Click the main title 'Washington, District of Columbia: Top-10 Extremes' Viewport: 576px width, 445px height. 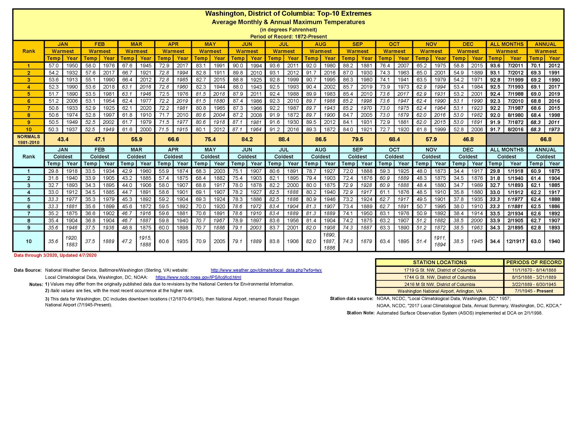288,13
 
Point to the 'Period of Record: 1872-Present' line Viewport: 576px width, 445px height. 288,37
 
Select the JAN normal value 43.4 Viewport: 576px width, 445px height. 63,139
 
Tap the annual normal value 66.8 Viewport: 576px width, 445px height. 545,139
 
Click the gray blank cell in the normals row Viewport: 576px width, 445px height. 507,139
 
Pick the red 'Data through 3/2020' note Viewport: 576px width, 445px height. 55,255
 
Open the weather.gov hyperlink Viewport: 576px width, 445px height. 266,270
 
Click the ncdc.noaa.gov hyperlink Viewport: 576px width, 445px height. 198,277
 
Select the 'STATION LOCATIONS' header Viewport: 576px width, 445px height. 440,263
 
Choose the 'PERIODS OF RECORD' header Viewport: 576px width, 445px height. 534,263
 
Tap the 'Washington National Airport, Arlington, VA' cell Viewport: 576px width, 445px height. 440,291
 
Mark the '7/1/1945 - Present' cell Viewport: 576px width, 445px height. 534,291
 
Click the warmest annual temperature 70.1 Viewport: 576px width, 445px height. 536,66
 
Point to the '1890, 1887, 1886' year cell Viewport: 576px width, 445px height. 330,241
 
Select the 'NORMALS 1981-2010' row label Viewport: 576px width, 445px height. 29,139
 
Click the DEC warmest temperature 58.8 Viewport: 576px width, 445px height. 459,66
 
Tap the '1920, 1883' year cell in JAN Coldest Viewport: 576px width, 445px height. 72,241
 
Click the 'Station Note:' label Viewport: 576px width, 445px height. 360,313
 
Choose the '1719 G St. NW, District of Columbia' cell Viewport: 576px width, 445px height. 440,270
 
